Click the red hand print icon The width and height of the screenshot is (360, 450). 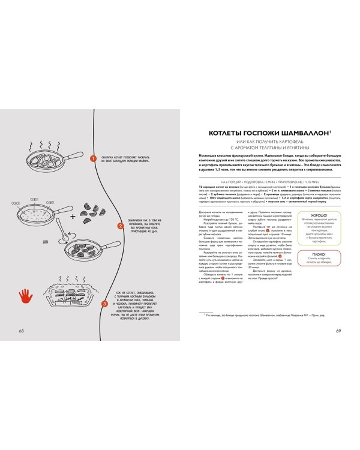pyautogui.click(x=25, y=295)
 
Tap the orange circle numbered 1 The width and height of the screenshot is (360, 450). pyautogui.click(x=93, y=158)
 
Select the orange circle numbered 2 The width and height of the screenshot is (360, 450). pyautogui.click(x=120, y=226)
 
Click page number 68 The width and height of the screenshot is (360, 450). pyautogui.click(x=22, y=331)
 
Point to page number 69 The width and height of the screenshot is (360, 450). pyautogui.click(x=338, y=331)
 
